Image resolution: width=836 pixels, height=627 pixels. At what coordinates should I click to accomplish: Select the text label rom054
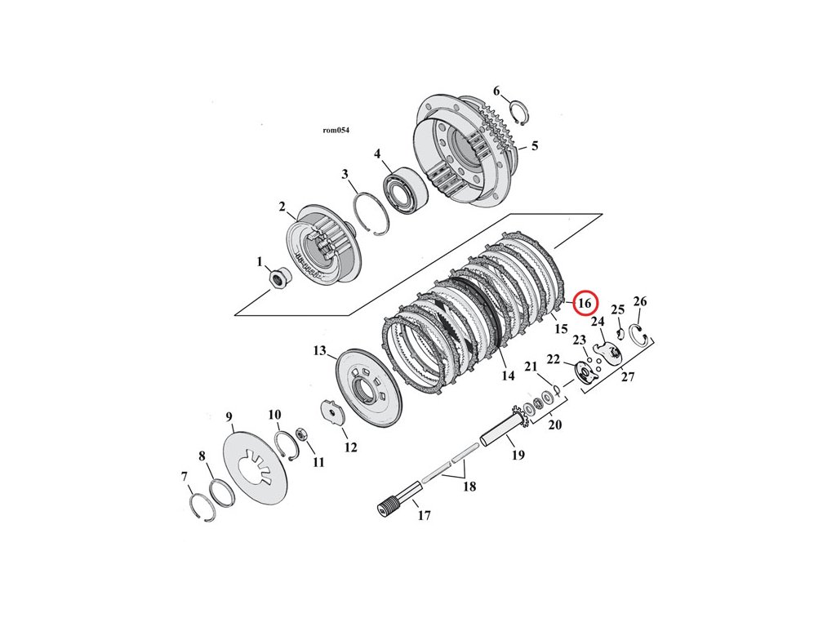[x=336, y=130]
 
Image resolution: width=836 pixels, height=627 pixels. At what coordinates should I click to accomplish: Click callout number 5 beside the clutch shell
[x=534, y=146]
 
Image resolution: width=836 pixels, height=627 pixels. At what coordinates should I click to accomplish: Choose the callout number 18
[x=469, y=487]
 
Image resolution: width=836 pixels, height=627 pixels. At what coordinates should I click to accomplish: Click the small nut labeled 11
[x=300, y=434]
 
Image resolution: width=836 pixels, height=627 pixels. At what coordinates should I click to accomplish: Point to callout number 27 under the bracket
[x=627, y=376]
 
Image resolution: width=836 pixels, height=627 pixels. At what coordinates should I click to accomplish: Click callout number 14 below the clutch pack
[x=508, y=376]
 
